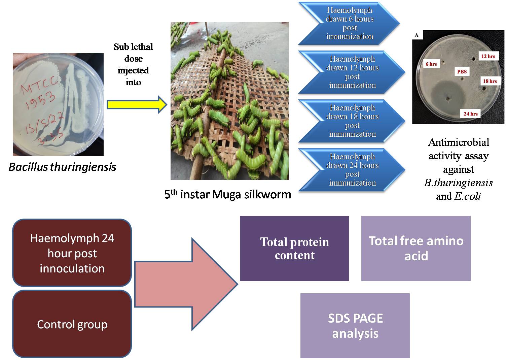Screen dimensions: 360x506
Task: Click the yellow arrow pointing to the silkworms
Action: click(136, 105)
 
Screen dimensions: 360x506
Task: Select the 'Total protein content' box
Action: click(294, 248)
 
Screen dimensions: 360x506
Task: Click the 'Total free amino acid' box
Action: click(415, 248)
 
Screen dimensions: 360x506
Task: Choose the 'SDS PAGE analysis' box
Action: click(355, 326)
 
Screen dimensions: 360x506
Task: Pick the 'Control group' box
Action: click(72, 324)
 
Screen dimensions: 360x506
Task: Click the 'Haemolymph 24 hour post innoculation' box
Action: click(72, 253)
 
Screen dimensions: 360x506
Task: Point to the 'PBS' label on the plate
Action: click(462, 71)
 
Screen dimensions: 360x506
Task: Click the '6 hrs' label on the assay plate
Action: click(431, 64)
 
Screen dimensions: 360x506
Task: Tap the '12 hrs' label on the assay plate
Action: click(488, 56)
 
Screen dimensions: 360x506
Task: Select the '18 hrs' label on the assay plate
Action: click(490, 81)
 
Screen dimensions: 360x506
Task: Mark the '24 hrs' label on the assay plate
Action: click(470, 114)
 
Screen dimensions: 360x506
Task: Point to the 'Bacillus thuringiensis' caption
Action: click(62, 167)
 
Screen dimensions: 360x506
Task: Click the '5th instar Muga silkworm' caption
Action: click(227, 194)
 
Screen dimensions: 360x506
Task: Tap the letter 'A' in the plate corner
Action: click(417, 35)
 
